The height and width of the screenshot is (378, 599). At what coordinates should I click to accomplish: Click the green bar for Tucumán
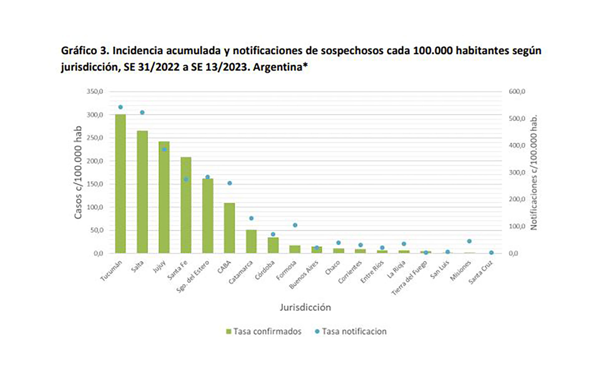pyautogui.click(x=120, y=184)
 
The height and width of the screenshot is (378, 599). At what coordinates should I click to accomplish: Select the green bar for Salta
pyautogui.click(x=142, y=192)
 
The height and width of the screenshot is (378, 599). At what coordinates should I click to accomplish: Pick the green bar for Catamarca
pyautogui.click(x=251, y=241)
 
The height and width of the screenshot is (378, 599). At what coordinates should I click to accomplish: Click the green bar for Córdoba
pyautogui.click(x=273, y=245)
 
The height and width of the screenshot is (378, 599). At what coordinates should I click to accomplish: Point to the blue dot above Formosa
pyautogui.click(x=295, y=225)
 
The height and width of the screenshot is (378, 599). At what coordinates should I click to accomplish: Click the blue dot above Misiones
pyautogui.click(x=469, y=241)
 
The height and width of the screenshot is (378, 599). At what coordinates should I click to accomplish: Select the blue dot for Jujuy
pyautogui.click(x=164, y=150)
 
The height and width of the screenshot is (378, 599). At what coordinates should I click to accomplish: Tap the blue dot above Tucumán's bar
pyautogui.click(x=120, y=107)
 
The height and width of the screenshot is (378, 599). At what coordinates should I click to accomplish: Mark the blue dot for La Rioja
pyautogui.click(x=404, y=244)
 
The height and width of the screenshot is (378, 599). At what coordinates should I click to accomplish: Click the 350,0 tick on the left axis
pyautogui.click(x=95, y=92)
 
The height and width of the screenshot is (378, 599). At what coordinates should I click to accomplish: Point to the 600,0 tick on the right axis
pyautogui.click(x=517, y=92)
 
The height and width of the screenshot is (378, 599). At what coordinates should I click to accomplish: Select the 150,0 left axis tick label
pyautogui.click(x=95, y=184)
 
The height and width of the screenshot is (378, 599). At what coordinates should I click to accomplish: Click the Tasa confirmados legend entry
pyautogui.click(x=264, y=331)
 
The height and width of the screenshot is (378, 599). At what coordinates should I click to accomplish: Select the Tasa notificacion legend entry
pyautogui.click(x=351, y=331)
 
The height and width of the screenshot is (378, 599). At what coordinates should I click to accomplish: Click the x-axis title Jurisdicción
pyautogui.click(x=305, y=308)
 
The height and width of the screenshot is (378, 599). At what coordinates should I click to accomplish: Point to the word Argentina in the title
pyautogui.click(x=277, y=67)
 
